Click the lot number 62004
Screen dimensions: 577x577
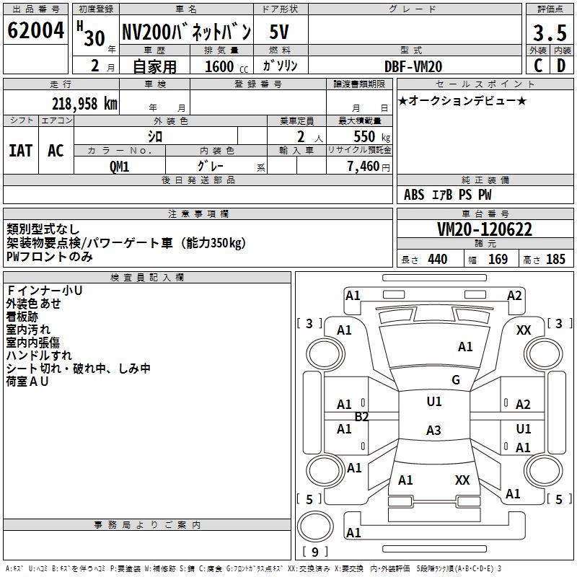pyautogui.click(x=36, y=32)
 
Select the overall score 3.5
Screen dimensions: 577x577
pyautogui.click(x=549, y=33)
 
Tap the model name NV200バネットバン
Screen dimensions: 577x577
pyautogui.click(x=185, y=32)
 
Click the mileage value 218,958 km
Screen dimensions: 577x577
pyautogui.click(x=84, y=103)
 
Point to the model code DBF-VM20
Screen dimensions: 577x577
pyautogui.click(x=413, y=66)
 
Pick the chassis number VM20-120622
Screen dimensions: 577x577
pyautogui.click(x=485, y=230)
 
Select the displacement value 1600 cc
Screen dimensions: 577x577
pyautogui.click(x=219, y=66)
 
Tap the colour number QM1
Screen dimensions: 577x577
pyautogui.click(x=120, y=167)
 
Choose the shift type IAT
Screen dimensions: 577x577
pyautogui.click(x=20, y=151)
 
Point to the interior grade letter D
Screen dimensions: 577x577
pyautogui.click(x=560, y=65)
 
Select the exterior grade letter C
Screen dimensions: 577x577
pyautogui.click(x=538, y=65)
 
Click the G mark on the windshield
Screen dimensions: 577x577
pyautogui.click(x=455, y=380)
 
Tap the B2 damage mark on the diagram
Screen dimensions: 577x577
pyautogui.click(x=361, y=416)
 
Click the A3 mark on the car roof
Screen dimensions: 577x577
pyautogui.click(x=433, y=431)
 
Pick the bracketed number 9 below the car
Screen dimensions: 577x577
pyautogui.click(x=314, y=552)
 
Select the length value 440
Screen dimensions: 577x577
pyautogui.click(x=437, y=260)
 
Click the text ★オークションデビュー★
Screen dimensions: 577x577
pyautogui.click(x=462, y=100)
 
